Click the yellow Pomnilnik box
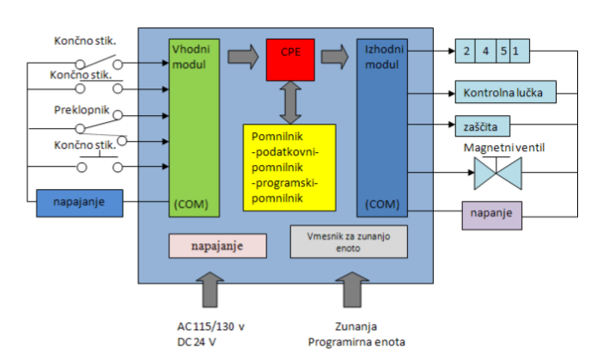[288, 168]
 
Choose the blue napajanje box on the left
[81, 204]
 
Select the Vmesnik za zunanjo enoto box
[349, 241]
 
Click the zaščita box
[483, 126]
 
